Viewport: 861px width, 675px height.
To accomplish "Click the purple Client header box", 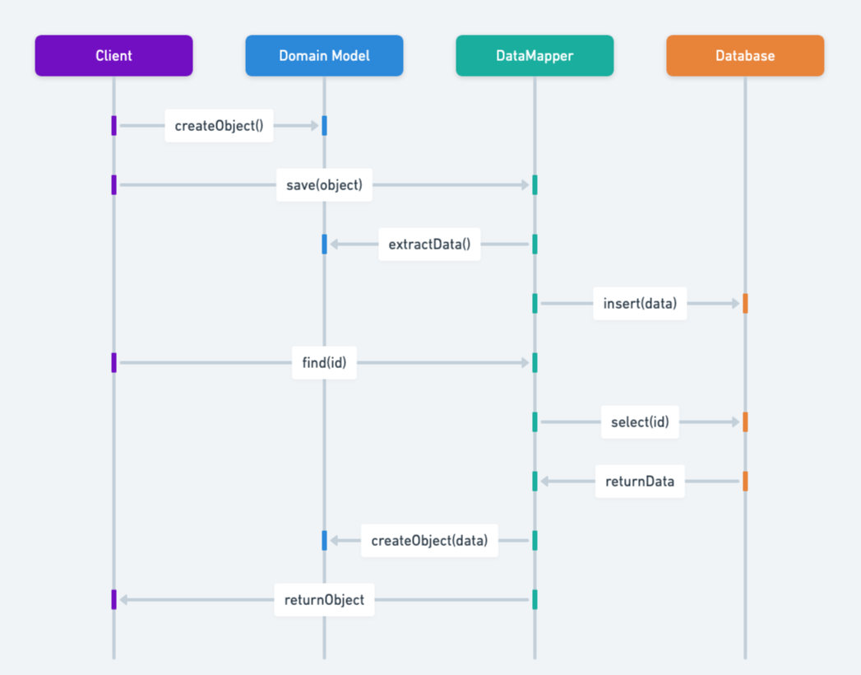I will (113, 56).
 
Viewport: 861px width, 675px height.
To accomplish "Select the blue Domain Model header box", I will (324, 56).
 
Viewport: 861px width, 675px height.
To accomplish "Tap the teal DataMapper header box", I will (535, 56).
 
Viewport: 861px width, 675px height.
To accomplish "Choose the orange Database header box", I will (745, 56).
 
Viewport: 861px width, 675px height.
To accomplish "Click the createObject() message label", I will (219, 126).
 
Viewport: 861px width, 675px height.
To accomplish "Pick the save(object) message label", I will (324, 185).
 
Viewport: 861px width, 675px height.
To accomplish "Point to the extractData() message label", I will (429, 244).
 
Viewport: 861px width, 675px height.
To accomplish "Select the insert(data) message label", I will (640, 304).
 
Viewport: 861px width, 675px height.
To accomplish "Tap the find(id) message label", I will (324, 363).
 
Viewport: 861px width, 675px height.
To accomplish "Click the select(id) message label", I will (640, 422).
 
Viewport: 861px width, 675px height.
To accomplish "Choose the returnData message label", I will (640, 482).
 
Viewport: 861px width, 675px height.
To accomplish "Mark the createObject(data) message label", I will (429, 541).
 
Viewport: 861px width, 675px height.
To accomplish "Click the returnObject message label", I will (324, 600).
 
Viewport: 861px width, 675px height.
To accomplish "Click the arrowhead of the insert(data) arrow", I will (735, 304).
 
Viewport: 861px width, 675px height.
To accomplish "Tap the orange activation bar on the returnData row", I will (745, 482).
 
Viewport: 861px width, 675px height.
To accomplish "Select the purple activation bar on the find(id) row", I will (113, 363).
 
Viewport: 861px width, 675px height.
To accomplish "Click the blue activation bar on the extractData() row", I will (324, 244).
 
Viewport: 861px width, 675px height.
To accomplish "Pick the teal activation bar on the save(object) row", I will (535, 185).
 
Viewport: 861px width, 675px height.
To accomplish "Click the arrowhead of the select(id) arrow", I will (735, 422).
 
